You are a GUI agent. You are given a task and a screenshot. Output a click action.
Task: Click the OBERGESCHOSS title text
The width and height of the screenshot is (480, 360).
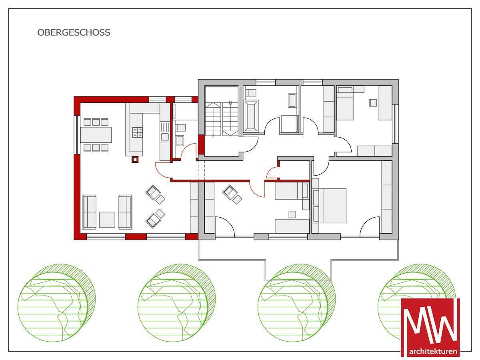[x=74, y=32]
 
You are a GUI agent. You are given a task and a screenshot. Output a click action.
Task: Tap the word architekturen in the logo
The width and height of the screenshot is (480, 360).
[x=433, y=352]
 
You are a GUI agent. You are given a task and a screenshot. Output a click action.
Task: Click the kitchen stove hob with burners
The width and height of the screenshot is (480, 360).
[x=137, y=132]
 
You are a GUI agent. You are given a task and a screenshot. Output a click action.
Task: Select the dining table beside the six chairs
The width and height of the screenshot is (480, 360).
[x=96, y=135]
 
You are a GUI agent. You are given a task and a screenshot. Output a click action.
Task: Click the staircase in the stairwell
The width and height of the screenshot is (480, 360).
[x=222, y=119]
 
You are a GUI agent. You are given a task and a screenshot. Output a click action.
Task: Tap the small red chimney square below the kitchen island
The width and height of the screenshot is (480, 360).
[x=135, y=160]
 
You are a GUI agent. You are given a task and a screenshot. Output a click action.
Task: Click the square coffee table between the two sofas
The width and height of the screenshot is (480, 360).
[x=107, y=220]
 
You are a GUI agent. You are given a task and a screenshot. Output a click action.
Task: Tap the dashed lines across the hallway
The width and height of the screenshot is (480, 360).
[x=202, y=170]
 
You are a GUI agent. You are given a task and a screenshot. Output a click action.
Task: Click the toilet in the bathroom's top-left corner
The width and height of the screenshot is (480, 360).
[x=250, y=93]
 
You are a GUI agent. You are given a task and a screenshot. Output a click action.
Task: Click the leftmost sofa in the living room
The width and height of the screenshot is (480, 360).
[x=89, y=212]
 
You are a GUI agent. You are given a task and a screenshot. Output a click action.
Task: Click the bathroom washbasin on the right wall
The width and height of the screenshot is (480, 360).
[x=292, y=100]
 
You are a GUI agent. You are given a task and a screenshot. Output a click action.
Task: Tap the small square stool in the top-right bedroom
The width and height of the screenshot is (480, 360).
[x=373, y=103]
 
